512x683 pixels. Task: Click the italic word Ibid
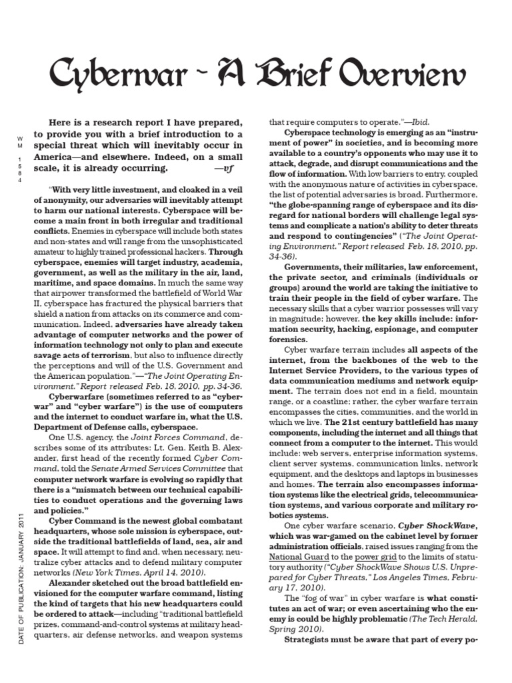click(x=417, y=123)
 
